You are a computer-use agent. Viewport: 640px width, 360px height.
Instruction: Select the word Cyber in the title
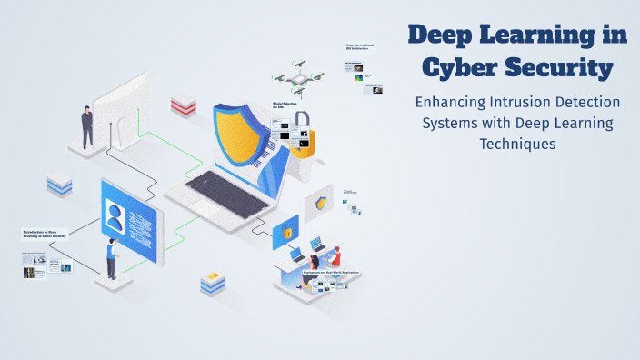452,66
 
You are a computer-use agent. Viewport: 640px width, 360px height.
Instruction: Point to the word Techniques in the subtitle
516,144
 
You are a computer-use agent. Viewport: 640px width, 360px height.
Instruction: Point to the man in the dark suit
87,126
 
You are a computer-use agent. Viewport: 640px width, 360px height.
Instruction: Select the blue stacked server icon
59,185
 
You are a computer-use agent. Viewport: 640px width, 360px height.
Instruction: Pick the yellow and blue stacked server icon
212,283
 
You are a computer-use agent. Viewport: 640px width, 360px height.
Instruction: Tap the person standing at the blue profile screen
111,258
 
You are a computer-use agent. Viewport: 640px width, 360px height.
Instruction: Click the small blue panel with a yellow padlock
285,232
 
